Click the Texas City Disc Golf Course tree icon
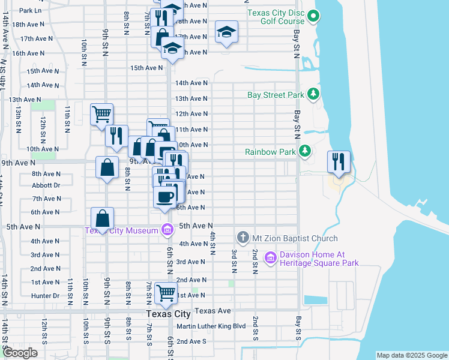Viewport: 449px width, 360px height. point(313,17)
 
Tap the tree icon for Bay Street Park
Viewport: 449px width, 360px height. point(313,94)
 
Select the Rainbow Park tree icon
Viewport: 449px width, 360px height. point(306,151)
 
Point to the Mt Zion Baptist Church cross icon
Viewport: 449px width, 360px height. point(243,238)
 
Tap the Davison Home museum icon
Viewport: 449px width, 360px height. point(270,258)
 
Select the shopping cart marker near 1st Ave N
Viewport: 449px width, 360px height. point(166,293)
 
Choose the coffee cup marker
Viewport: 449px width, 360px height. point(165,197)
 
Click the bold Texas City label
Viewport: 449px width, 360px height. point(168,314)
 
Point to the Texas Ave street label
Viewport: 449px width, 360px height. point(213,311)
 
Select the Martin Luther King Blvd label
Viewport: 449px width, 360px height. point(211,326)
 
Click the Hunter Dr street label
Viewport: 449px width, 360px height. point(45,296)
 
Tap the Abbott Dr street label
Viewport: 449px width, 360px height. point(46,185)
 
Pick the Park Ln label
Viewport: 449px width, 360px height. point(30,10)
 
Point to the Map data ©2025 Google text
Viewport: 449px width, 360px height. point(411,355)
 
